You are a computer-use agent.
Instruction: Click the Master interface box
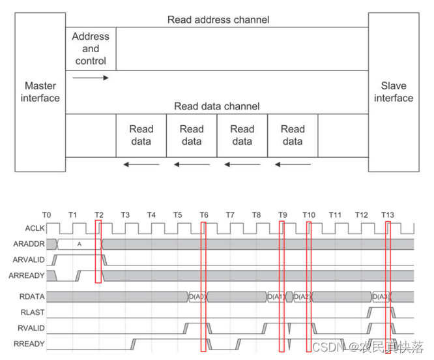40,92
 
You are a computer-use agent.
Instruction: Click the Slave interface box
393,92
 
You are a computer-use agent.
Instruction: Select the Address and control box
91,49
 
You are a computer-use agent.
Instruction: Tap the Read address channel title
218,20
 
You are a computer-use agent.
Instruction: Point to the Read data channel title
217,106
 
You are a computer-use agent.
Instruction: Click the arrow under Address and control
91,78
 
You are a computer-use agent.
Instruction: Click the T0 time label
46,215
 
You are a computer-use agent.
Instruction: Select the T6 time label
204,215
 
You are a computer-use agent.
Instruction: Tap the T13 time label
388,215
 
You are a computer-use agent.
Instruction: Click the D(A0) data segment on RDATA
197,297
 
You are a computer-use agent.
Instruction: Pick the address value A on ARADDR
79,244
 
